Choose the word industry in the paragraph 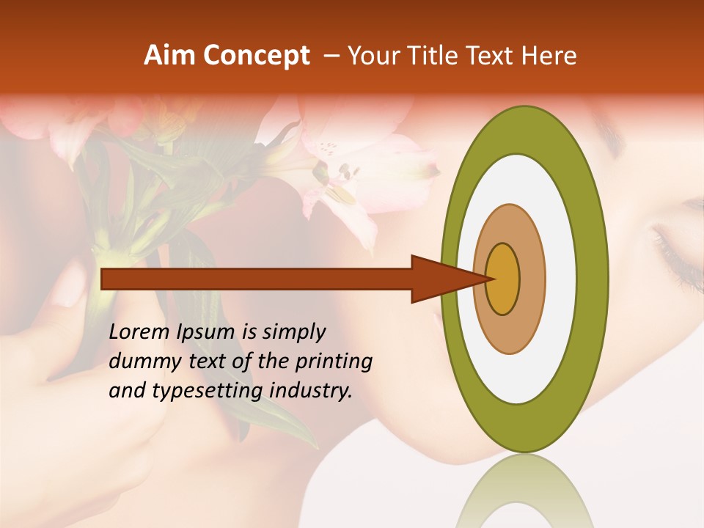pyautogui.click(x=311, y=391)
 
